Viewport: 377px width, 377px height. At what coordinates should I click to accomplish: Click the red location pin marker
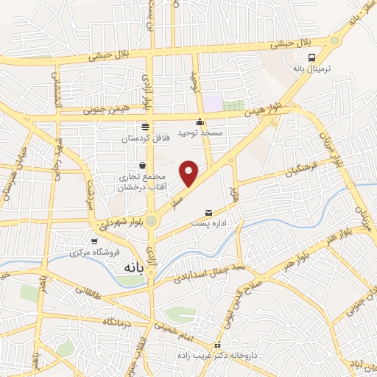190,172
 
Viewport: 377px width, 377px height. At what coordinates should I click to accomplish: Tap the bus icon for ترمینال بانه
313,57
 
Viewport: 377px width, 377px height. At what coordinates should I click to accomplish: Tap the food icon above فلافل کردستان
145,126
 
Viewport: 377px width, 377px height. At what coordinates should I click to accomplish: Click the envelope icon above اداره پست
208,212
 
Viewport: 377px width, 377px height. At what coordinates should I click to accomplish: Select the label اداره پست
208,222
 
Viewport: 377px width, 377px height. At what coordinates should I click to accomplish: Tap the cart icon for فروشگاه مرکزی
94,241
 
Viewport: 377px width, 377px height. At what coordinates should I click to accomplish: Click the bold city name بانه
127,271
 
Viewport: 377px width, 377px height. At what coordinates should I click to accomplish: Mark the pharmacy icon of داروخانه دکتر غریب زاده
216,345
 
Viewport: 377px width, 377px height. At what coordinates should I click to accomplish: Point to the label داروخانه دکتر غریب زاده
217,356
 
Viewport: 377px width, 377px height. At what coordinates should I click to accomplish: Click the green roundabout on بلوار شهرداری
152,220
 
